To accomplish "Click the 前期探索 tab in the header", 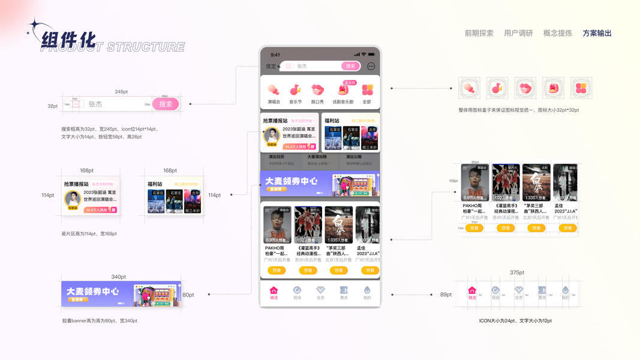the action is pos(479,34).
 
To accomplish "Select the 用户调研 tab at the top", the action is pos(518,34).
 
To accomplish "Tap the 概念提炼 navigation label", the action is pos(557,34).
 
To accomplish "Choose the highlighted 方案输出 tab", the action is pos(597,34).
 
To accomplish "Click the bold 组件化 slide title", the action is pos(68,40).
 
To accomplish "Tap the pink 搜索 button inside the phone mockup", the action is pos(350,66).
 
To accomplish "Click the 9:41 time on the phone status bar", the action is pos(275,55).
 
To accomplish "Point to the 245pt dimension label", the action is pos(121,92).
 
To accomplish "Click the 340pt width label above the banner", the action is pos(119,277).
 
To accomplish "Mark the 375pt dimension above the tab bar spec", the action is pos(516,272).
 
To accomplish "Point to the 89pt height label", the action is pos(446,295).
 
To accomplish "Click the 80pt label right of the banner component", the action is pos(188,295).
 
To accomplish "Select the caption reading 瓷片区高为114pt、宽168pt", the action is pos(89,234).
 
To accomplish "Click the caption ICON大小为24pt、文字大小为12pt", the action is pos(515,321).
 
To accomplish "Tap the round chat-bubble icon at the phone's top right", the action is pos(371,66).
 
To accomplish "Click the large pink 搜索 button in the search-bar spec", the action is pos(166,104).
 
